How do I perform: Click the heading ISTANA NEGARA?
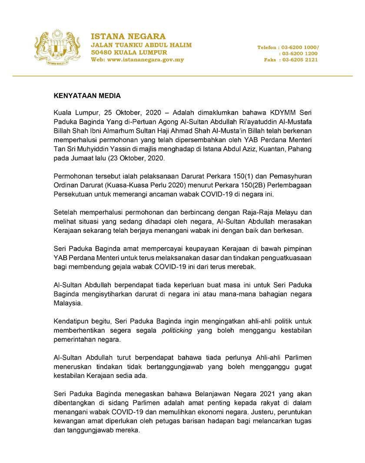[128, 36]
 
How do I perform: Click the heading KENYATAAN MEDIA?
[87, 95]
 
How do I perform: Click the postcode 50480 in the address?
[101, 52]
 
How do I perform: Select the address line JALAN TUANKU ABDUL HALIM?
[141, 45]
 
